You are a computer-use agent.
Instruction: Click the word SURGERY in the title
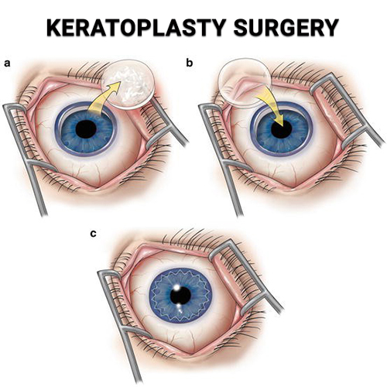[286, 27]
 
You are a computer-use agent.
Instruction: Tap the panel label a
[7, 63]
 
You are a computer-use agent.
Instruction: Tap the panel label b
[190, 63]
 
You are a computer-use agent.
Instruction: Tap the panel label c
[93, 234]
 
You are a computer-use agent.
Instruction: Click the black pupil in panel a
[87, 128]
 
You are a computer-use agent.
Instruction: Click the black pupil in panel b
[282, 128]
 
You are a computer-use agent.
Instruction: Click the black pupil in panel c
[180, 295]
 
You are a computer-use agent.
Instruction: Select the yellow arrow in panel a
[103, 99]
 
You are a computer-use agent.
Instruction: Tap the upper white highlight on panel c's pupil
[177, 287]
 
